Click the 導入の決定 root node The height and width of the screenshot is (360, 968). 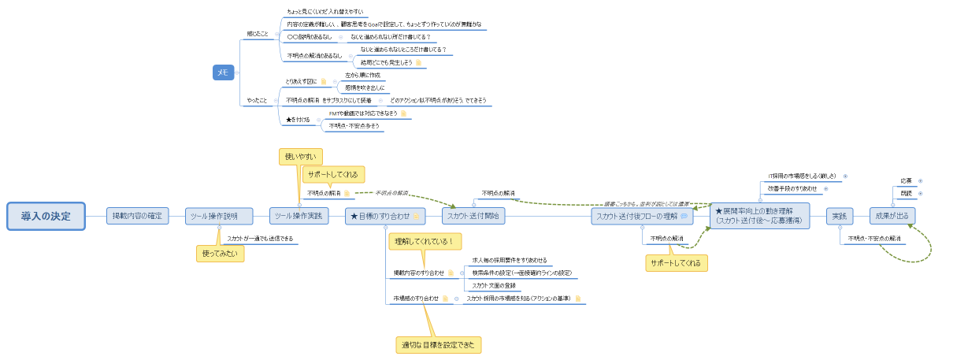(46, 216)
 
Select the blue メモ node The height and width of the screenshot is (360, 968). (223, 72)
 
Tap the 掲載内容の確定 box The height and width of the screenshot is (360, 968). (137, 216)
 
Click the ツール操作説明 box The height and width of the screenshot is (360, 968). (219, 216)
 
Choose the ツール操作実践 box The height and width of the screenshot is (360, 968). (299, 216)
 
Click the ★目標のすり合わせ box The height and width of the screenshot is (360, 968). (384, 216)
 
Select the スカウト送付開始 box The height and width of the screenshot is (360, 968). (473, 216)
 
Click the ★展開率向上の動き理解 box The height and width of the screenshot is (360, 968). (759, 216)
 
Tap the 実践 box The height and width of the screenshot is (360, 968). (839, 216)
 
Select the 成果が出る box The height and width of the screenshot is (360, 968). (892, 216)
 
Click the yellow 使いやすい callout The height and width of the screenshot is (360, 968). (300, 157)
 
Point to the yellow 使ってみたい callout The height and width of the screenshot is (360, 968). (220, 254)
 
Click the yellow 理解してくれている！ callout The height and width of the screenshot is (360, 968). (425, 241)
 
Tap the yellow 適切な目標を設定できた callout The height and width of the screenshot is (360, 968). (438, 345)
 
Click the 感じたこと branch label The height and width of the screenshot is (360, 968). (257, 34)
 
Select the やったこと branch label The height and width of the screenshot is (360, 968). (257, 101)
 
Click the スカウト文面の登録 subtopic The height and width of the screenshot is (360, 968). (494, 285)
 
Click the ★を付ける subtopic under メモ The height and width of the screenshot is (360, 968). (297, 120)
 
